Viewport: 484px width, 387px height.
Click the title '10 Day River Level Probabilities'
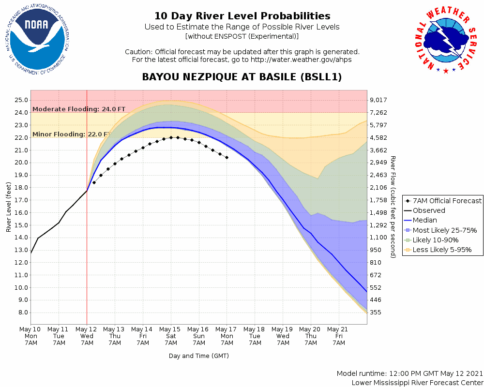click(242, 16)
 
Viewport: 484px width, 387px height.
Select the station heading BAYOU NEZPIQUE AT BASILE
click(242, 77)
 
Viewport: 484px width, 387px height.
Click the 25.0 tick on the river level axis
click(21, 100)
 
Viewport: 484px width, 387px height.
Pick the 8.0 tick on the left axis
click(23, 313)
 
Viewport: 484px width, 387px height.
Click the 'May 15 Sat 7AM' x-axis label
click(171, 336)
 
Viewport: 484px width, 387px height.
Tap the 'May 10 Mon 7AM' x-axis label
click(31, 336)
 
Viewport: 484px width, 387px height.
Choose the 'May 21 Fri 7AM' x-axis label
click(339, 336)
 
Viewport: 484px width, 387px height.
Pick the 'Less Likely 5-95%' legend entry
click(441, 250)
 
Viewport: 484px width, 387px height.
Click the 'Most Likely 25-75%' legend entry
click(442, 230)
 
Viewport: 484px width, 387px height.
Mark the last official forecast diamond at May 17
click(227, 157)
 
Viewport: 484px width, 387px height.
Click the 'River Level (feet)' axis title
click(9, 207)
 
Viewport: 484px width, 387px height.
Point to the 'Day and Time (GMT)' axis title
click(198, 356)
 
